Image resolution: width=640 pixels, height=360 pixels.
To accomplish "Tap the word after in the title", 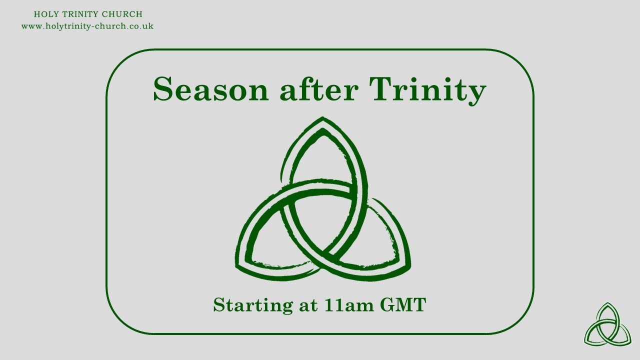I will [x=319, y=90].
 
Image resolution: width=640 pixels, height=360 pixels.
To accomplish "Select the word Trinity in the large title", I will [x=428, y=91].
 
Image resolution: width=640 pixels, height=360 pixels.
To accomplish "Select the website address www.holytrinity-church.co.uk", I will [x=87, y=26].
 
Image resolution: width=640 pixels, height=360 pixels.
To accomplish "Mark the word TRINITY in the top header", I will [x=82, y=14].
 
